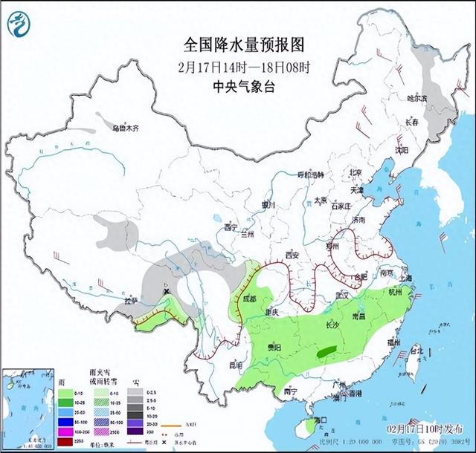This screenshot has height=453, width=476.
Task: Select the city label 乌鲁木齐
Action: tap(126, 128)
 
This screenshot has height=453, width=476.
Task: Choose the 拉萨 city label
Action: tap(132, 301)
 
